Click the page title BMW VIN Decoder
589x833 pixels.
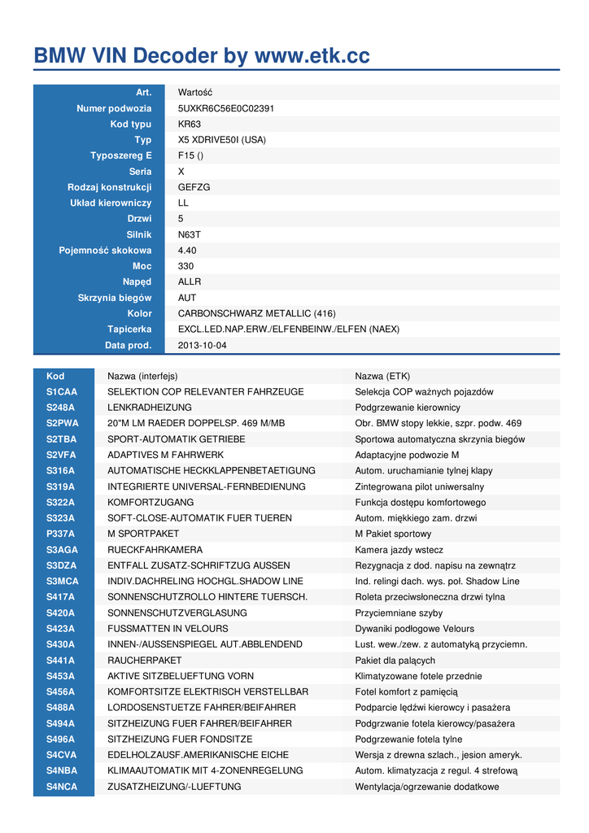(202, 56)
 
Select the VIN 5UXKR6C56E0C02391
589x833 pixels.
(225, 108)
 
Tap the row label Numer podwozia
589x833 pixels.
(114, 108)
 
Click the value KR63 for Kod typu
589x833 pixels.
(189, 124)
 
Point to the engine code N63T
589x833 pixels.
(189, 234)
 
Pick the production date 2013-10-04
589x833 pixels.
(202, 345)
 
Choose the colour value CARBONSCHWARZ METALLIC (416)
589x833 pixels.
(256, 313)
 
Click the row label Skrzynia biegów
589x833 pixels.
(115, 298)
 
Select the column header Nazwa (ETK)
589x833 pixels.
(382, 376)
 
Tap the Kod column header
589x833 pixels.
(55, 376)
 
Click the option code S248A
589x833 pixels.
(60, 408)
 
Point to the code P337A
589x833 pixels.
(60, 534)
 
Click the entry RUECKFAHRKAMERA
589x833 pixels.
(155, 550)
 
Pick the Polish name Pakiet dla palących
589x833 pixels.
(395, 661)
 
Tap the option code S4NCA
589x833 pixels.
(62, 787)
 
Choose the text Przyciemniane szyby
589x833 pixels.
(399, 613)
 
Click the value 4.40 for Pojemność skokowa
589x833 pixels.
(187, 251)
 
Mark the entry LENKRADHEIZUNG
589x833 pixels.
(150, 408)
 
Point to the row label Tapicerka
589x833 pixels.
(129, 329)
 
